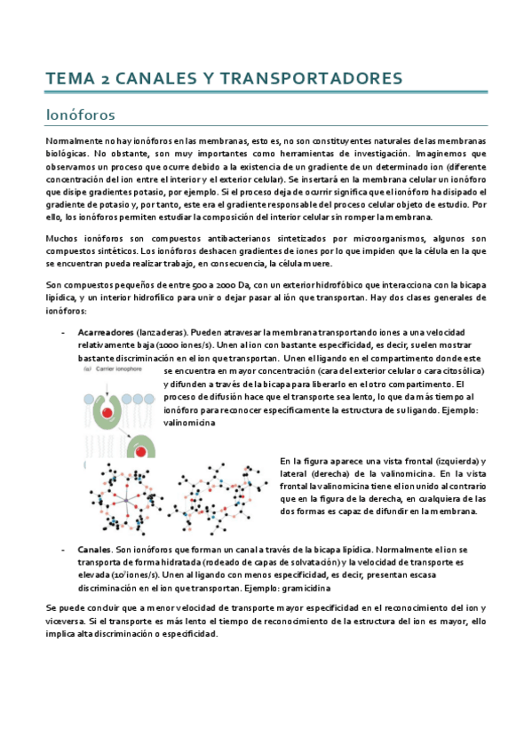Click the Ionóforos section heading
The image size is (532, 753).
pyautogui.click(x=79, y=115)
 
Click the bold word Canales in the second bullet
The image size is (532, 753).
pyautogui.click(x=95, y=551)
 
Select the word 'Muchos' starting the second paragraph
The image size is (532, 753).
pyautogui.click(x=62, y=238)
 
